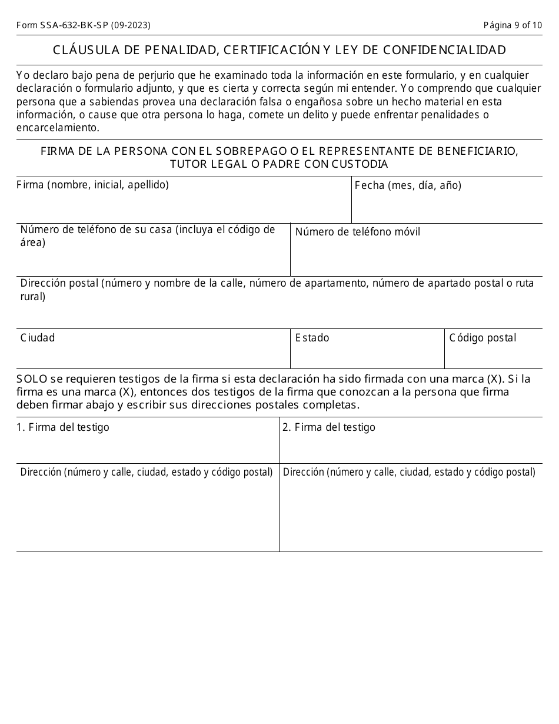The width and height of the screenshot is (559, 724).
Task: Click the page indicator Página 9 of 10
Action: pyautogui.click(x=513, y=25)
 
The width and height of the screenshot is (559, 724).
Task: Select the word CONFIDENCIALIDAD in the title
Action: pyautogui.click(x=444, y=50)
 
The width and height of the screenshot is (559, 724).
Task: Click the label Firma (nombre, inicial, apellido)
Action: pyautogui.click(x=92, y=185)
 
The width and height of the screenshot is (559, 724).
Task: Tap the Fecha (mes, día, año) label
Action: pyautogui.click(x=408, y=185)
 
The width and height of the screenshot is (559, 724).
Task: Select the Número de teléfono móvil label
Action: pyautogui.click(x=357, y=232)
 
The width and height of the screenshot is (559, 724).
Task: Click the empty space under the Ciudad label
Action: pyautogui.click(x=153, y=356)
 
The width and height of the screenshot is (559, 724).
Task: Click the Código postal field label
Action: pyautogui.click(x=483, y=338)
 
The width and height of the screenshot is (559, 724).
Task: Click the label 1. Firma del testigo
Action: pyautogui.click(x=62, y=427)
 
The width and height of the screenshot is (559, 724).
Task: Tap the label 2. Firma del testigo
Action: pyautogui.click(x=328, y=427)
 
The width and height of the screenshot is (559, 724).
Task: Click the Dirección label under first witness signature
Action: pyautogui.click(x=146, y=472)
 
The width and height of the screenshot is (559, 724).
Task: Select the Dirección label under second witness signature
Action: pyautogui.click(x=409, y=472)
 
